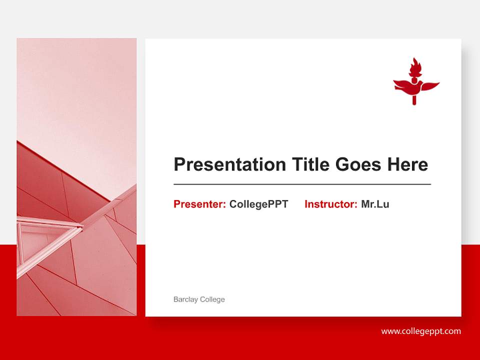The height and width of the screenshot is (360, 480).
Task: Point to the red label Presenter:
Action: [x=199, y=204]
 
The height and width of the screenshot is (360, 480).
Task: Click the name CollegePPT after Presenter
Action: [x=258, y=204]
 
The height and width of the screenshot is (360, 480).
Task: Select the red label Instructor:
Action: [x=330, y=204]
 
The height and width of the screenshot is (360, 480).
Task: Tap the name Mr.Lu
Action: [x=375, y=204]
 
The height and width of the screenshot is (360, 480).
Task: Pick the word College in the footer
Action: [x=212, y=299]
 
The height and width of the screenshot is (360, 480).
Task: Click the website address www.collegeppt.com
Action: [x=421, y=331]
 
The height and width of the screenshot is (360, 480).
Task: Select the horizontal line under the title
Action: [x=302, y=184]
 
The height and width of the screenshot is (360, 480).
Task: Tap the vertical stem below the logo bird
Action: [x=414, y=99]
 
